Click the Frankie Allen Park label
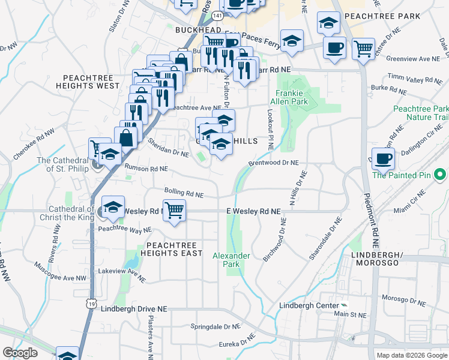(x=292, y=98)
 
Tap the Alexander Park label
(x=231, y=260)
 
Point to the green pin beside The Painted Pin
(x=440, y=175)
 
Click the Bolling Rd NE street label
(x=184, y=193)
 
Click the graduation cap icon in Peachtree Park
(x=328, y=24)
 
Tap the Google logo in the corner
(x=20, y=353)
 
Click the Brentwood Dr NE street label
(x=274, y=163)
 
